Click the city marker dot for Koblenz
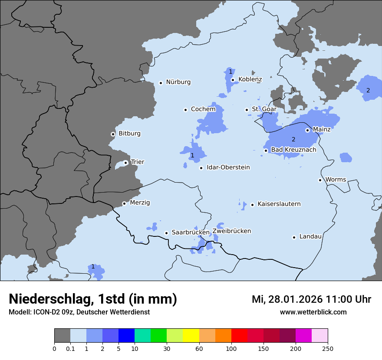coord(233,80)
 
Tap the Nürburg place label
coord(178,82)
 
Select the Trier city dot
coord(125,163)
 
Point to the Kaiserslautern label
coord(279,204)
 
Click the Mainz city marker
coord(307,130)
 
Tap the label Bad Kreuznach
coord(293,150)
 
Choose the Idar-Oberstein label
coord(228,167)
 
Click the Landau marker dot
coord(294,237)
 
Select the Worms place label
coord(335,179)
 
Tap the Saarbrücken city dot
coord(166,233)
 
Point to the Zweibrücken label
coord(231,231)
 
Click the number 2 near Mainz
coord(293,139)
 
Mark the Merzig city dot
coord(124,203)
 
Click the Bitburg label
coord(129,134)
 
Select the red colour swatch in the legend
coord(239,336)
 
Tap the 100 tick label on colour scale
coord(231,348)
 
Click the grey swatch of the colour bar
coord(62,336)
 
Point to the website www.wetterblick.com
coord(313,312)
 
